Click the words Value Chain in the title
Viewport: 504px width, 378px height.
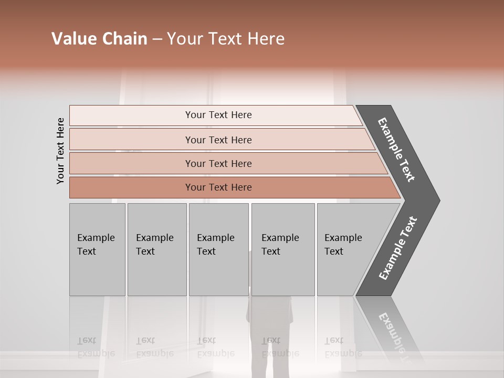[x=99, y=39]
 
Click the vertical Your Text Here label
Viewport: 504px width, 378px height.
[x=60, y=151]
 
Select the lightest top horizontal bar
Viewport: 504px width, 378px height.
[x=218, y=115]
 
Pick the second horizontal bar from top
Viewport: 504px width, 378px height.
[x=218, y=140]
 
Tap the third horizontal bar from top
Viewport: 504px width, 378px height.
[x=218, y=163]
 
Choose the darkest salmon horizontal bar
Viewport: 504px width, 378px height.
[x=218, y=187]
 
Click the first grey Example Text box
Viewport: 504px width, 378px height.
[x=97, y=249]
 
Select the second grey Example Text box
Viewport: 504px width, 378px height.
[x=156, y=249]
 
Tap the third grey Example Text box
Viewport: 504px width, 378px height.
[x=218, y=249]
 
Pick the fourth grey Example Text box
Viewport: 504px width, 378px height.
[x=282, y=249]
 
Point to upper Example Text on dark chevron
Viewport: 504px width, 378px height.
[x=396, y=150]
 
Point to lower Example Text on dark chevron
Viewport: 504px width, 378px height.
[x=397, y=248]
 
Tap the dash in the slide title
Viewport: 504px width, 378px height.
[x=157, y=39]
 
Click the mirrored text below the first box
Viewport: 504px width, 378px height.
[x=96, y=347]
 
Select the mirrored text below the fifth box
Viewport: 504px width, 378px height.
[x=342, y=347]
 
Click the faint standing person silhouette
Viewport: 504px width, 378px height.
[x=269, y=336]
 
